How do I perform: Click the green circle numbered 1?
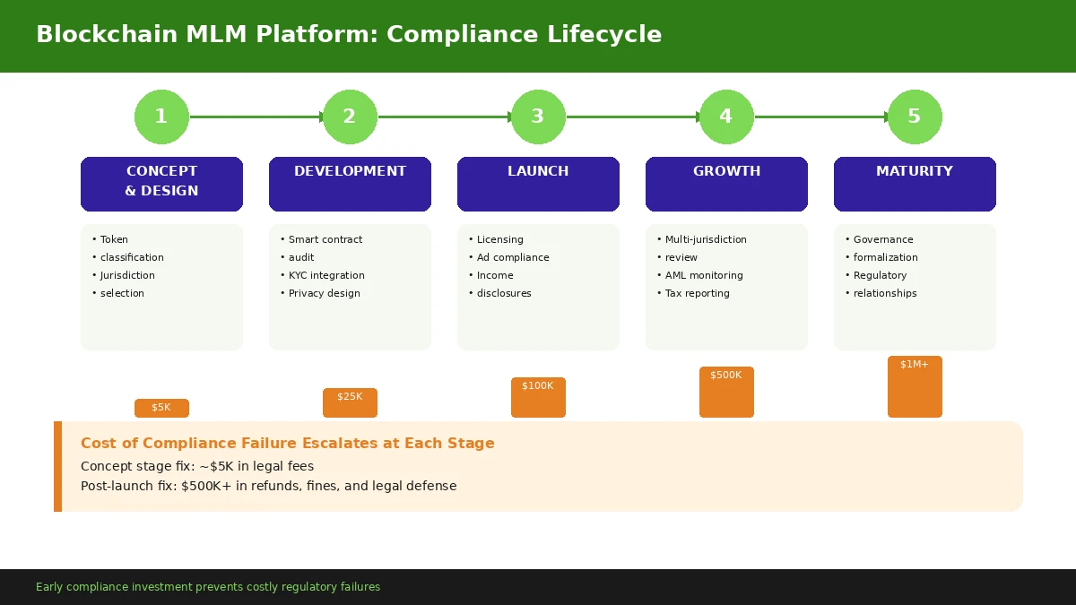[161, 117]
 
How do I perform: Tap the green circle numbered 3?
[538, 117]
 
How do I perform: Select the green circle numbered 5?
[915, 117]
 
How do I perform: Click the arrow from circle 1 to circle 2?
[256, 117]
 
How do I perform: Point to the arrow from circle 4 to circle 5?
[820, 117]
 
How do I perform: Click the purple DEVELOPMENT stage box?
[350, 184]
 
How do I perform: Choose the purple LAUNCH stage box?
[538, 184]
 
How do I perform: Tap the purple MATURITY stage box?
[915, 184]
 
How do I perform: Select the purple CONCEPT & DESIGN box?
[161, 184]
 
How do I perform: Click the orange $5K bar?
[161, 408]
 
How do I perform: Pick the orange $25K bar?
[350, 402]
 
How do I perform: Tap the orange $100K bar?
[538, 397]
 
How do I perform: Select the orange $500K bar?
[726, 392]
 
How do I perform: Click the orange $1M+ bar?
[915, 386]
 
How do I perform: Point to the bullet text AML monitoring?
[704, 275]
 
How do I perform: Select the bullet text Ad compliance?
[513, 257]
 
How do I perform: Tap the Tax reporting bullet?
[697, 293]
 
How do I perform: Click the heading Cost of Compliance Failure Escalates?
[287, 444]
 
